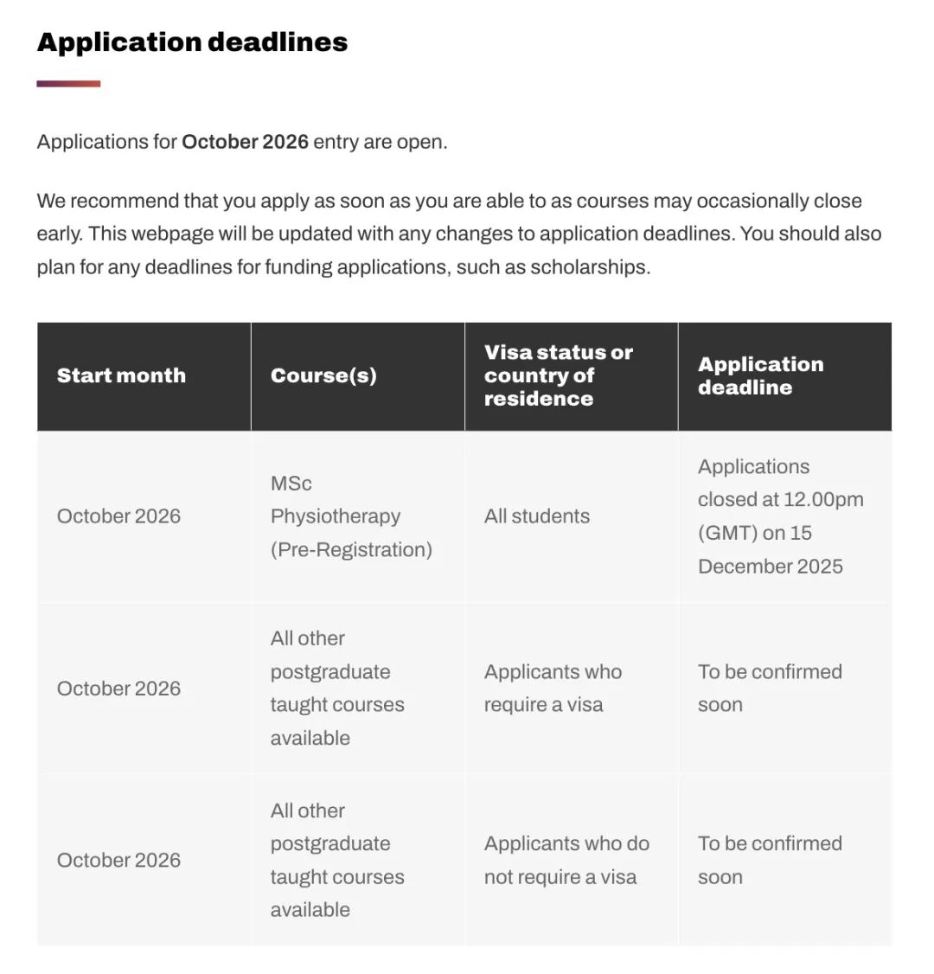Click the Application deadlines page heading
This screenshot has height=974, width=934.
[x=192, y=42]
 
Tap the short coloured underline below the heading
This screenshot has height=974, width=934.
[x=68, y=84]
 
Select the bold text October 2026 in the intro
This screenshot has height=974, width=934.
[x=245, y=142]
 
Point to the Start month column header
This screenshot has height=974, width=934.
[x=121, y=375]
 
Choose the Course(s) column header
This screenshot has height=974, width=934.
[x=323, y=375]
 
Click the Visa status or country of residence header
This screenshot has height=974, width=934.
[x=559, y=375]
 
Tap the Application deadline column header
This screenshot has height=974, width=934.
[x=760, y=375]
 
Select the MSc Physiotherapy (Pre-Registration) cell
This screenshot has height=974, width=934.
[x=351, y=516]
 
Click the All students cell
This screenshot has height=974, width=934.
[x=537, y=516]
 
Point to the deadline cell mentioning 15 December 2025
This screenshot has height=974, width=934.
[x=780, y=516]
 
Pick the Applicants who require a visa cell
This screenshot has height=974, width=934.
[x=553, y=689]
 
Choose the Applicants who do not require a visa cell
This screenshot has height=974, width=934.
[x=566, y=860]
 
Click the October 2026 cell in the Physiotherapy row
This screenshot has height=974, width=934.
[x=119, y=516]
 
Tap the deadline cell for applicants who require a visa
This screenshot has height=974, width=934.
[x=770, y=689]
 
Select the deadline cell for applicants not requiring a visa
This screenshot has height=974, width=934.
[x=770, y=860]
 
